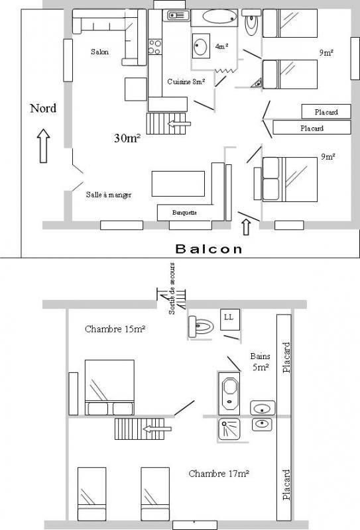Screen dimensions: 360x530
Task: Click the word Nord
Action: click(x=43, y=108)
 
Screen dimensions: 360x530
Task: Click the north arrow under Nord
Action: click(x=43, y=146)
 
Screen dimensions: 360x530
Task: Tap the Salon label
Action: click(x=99, y=52)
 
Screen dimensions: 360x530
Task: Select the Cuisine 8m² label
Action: click(x=186, y=81)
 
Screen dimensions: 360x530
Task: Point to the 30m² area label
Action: click(x=127, y=138)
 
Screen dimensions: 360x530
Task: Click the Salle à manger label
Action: click(x=109, y=195)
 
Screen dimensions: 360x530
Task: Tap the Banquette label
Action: click(x=184, y=213)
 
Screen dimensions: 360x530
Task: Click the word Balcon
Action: click(x=209, y=249)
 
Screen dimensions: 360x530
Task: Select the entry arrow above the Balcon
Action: click(x=247, y=227)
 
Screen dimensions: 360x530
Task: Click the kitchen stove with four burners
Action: click(x=155, y=47)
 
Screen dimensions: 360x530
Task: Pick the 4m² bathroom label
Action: click(x=221, y=46)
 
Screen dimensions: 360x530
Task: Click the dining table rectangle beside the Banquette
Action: click(x=178, y=184)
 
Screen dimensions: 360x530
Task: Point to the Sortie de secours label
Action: click(x=172, y=289)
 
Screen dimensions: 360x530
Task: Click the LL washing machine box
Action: click(x=230, y=319)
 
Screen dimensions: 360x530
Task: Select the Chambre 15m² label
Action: click(x=115, y=329)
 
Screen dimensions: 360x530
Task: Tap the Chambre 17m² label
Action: click(x=219, y=474)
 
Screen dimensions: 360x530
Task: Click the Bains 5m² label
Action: click(x=261, y=361)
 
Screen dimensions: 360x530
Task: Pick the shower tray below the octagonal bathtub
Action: click(x=229, y=429)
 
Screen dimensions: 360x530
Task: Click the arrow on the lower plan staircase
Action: click(x=157, y=429)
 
